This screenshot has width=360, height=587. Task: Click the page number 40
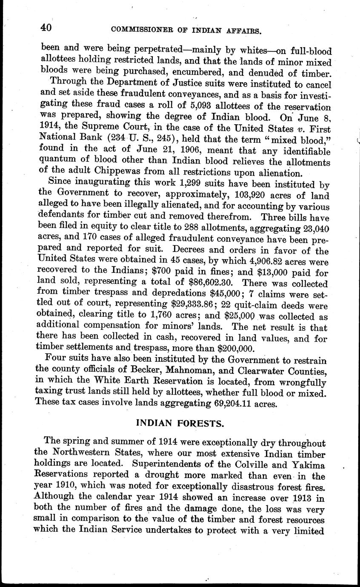[46, 28]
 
